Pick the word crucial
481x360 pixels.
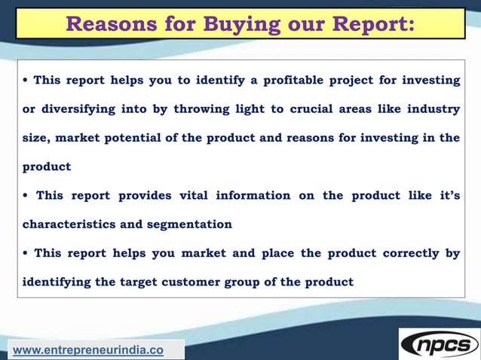click(314, 109)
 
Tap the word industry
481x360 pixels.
click(433, 109)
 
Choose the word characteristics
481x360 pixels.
click(69, 224)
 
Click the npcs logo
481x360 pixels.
click(440, 345)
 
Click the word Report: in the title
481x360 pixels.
click(370, 23)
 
